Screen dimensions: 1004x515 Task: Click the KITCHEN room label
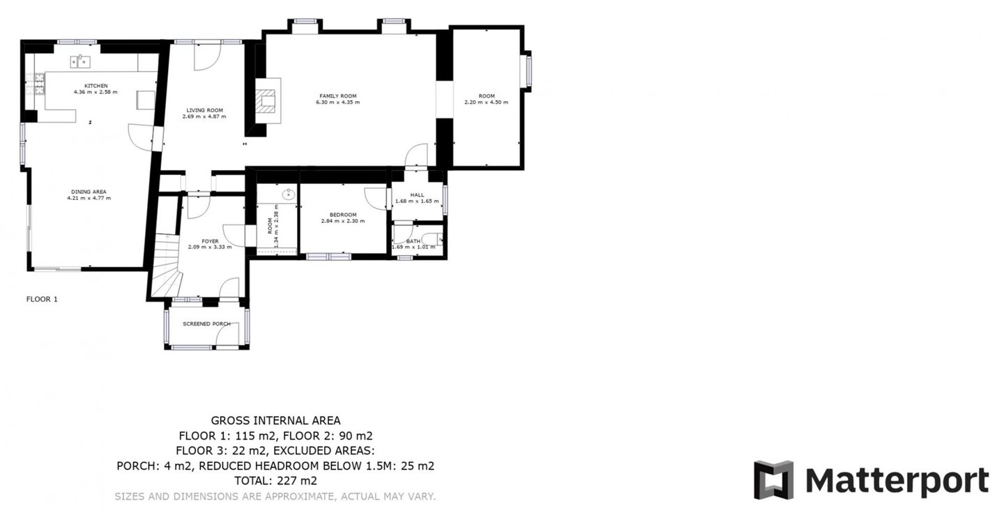[96, 86]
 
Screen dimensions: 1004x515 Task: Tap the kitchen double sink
[80, 61]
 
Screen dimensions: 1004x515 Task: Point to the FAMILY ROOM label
[338, 96]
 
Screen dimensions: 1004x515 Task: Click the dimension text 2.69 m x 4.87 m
[204, 116]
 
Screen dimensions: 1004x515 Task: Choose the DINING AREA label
[89, 192]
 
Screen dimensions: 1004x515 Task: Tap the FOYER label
[211, 241]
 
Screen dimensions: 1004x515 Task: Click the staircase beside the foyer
[166, 265]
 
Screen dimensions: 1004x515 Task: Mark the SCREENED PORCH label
[206, 324]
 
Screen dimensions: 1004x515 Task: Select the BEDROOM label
[343, 215]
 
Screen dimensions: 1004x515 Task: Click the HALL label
[417, 195]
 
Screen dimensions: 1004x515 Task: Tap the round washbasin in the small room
[288, 194]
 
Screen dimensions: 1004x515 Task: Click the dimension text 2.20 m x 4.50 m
[487, 102]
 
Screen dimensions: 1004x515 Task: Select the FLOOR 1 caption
[42, 299]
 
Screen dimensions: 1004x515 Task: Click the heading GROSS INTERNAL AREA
[275, 420]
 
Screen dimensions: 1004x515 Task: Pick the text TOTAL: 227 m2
[275, 481]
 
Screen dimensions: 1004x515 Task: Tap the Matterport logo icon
[774, 479]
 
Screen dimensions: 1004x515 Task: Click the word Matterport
[897, 481]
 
